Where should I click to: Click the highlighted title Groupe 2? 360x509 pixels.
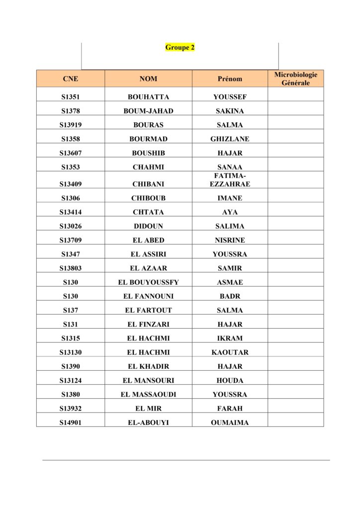tap(180, 48)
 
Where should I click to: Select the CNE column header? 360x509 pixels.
tap(71, 79)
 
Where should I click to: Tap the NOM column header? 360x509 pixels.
tap(148, 79)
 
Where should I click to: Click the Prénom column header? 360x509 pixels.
tap(230, 79)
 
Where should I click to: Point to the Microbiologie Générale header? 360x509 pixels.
tap(295, 79)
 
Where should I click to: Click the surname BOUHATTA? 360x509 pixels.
tap(148, 97)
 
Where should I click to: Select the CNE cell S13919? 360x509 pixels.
tap(71, 125)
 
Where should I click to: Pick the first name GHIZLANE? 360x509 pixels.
tap(230, 139)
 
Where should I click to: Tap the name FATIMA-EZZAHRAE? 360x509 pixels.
tap(230, 180)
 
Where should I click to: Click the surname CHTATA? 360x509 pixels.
tap(148, 212)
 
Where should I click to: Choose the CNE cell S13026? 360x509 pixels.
tap(71, 226)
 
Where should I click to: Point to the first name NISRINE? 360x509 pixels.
tap(230, 240)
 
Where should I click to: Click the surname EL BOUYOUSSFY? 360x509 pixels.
tap(148, 282)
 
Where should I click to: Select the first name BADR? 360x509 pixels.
tap(230, 296)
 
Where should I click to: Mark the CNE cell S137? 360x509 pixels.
tap(71, 310)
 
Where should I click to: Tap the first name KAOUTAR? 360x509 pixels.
tap(230, 352)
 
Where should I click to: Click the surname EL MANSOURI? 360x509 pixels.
tap(148, 380)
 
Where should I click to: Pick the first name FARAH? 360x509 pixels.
tap(230, 409)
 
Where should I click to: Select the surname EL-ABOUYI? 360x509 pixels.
tap(148, 423)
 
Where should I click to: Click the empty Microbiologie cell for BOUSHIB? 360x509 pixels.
tap(295, 153)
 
